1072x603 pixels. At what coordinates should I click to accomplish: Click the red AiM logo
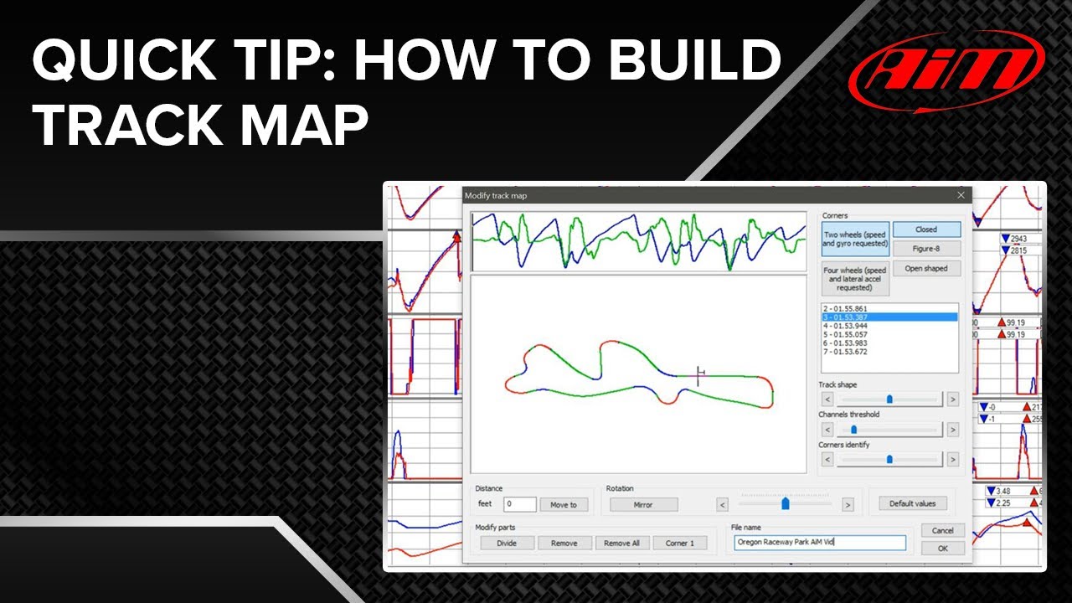click(x=946, y=72)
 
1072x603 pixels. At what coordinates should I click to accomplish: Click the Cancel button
click(x=942, y=530)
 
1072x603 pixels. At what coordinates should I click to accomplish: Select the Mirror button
click(x=643, y=504)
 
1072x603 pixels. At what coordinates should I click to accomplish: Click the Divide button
click(x=507, y=543)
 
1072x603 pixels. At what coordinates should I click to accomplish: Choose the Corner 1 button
click(x=679, y=543)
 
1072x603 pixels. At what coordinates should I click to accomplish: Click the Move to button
click(x=564, y=504)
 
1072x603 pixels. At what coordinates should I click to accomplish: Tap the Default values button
click(x=912, y=503)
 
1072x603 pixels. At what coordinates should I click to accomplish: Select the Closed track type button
click(x=925, y=229)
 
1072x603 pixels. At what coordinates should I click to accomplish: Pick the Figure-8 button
click(x=925, y=249)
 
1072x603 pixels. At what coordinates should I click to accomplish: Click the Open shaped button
click(x=925, y=269)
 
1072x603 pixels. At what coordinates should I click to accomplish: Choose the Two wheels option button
click(x=854, y=240)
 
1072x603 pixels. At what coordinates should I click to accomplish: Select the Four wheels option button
click(x=854, y=279)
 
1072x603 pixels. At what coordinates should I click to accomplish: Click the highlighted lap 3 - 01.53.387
click(x=888, y=317)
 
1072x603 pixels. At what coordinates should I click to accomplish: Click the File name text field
click(x=819, y=543)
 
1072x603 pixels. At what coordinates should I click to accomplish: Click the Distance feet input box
click(x=519, y=504)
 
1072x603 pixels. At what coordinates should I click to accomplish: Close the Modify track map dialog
click(x=961, y=195)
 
